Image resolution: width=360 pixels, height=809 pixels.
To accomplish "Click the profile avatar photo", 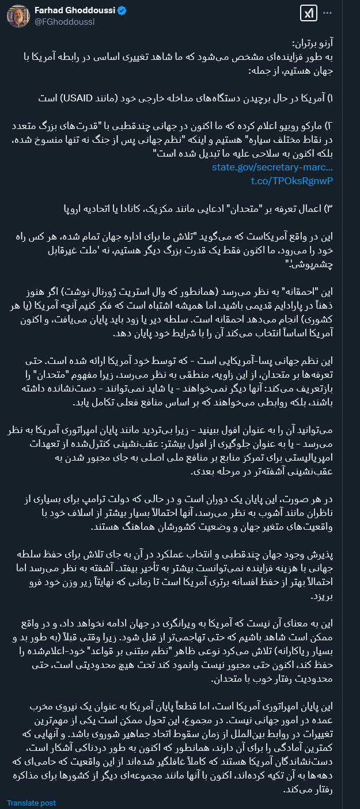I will point(18,16).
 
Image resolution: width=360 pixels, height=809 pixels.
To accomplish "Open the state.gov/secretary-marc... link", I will point(272,167).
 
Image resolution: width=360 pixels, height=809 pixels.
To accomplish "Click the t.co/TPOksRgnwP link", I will point(292,181).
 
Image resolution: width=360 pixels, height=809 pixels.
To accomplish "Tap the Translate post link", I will point(31,803).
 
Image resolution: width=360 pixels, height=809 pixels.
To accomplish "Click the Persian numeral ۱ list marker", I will point(331,98).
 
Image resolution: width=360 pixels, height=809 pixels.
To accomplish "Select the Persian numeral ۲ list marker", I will point(331,126).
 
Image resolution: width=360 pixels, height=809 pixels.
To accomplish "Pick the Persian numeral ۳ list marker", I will point(331,208).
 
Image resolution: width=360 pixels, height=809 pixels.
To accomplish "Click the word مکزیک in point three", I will point(151,208).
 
